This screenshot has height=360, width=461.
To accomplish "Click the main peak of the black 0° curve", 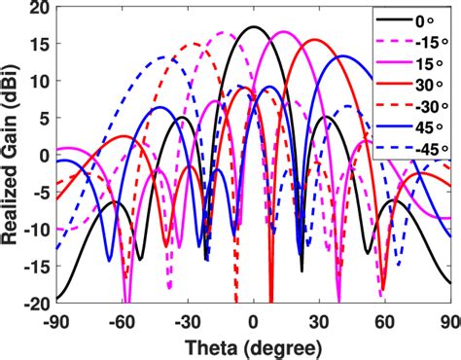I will coord(254,27).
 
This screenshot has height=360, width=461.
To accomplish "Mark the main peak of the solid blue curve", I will coord(342,56).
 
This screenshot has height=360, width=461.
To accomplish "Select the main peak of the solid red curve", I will coord(316,40).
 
